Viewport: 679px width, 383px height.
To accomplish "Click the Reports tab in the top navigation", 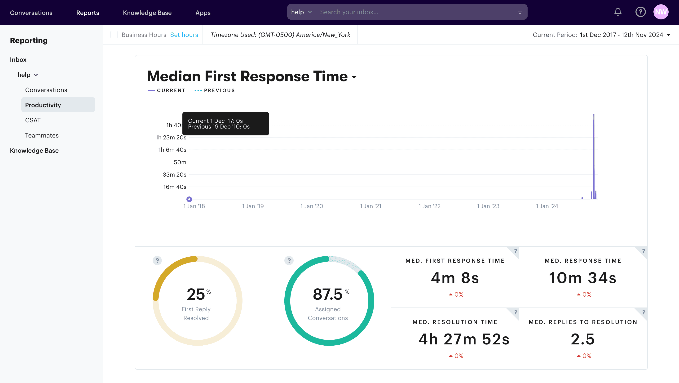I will [88, 13].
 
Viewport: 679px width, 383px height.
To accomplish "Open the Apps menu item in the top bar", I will [203, 13].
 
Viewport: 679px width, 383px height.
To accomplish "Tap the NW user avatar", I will [661, 12].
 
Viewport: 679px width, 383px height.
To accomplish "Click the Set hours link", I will [184, 35].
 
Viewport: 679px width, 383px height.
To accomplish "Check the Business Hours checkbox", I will [114, 35].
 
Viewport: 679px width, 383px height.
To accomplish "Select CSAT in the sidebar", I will [33, 120].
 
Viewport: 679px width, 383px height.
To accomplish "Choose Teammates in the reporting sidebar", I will [42, 135].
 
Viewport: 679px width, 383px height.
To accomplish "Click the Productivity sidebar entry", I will [43, 105].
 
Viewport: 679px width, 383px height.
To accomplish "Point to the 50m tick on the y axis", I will [180, 162].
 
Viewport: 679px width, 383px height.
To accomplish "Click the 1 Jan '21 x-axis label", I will [370, 206].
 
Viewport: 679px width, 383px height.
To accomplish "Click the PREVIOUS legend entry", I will [219, 90].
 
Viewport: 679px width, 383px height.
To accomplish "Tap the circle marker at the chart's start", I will [189, 199].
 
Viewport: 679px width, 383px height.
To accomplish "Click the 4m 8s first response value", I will [455, 278].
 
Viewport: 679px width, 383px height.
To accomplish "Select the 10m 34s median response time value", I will [582, 278].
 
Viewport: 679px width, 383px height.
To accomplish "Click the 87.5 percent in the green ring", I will [328, 294].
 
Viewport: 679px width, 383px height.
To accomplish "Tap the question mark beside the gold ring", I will [157, 261].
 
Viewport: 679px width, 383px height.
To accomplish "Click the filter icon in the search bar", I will [520, 12].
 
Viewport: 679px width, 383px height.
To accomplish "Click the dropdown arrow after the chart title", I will [354, 77].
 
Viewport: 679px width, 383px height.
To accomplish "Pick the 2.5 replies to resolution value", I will [582, 339].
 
